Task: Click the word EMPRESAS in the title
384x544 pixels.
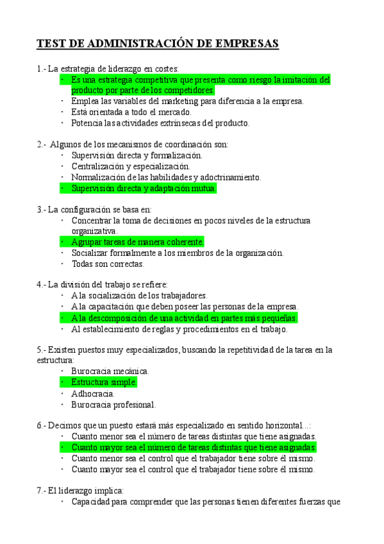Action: pos(247,44)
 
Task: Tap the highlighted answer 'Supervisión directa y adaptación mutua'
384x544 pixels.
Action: pos(144,189)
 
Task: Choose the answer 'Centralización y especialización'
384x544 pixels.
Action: pos(135,166)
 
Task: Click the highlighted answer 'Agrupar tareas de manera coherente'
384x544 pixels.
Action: pos(137,242)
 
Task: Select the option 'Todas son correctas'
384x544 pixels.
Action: pos(108,264)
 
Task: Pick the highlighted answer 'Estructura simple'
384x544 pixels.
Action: pos(104,382)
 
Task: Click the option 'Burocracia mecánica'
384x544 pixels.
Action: pos(110,371)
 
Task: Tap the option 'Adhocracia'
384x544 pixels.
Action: pos(94,393)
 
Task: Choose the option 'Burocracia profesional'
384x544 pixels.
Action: pos(113,405)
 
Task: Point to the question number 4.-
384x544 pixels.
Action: pos(42,284)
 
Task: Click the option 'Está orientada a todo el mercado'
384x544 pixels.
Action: pos(131,112)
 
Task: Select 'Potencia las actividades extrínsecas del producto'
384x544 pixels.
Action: pos(160,123)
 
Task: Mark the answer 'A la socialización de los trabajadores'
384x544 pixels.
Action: pos(139,296)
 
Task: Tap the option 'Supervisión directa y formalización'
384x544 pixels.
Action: pos(137,155)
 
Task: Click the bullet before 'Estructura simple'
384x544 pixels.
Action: pos(62,382)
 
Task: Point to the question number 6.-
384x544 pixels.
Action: pos(42,425)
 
